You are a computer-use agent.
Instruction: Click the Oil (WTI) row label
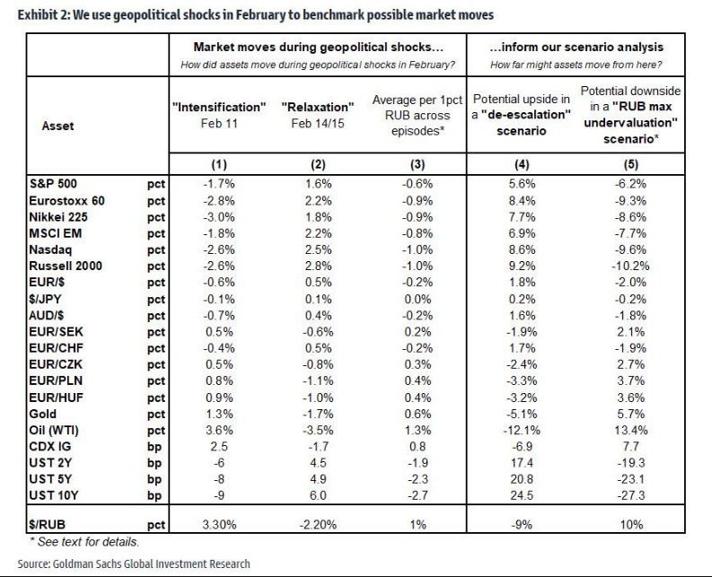point(60,430)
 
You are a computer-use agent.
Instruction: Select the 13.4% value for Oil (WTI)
point(629,430)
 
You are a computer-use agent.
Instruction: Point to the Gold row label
point(44,415)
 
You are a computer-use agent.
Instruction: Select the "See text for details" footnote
point(84,542)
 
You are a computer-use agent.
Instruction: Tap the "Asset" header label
point(58,127)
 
